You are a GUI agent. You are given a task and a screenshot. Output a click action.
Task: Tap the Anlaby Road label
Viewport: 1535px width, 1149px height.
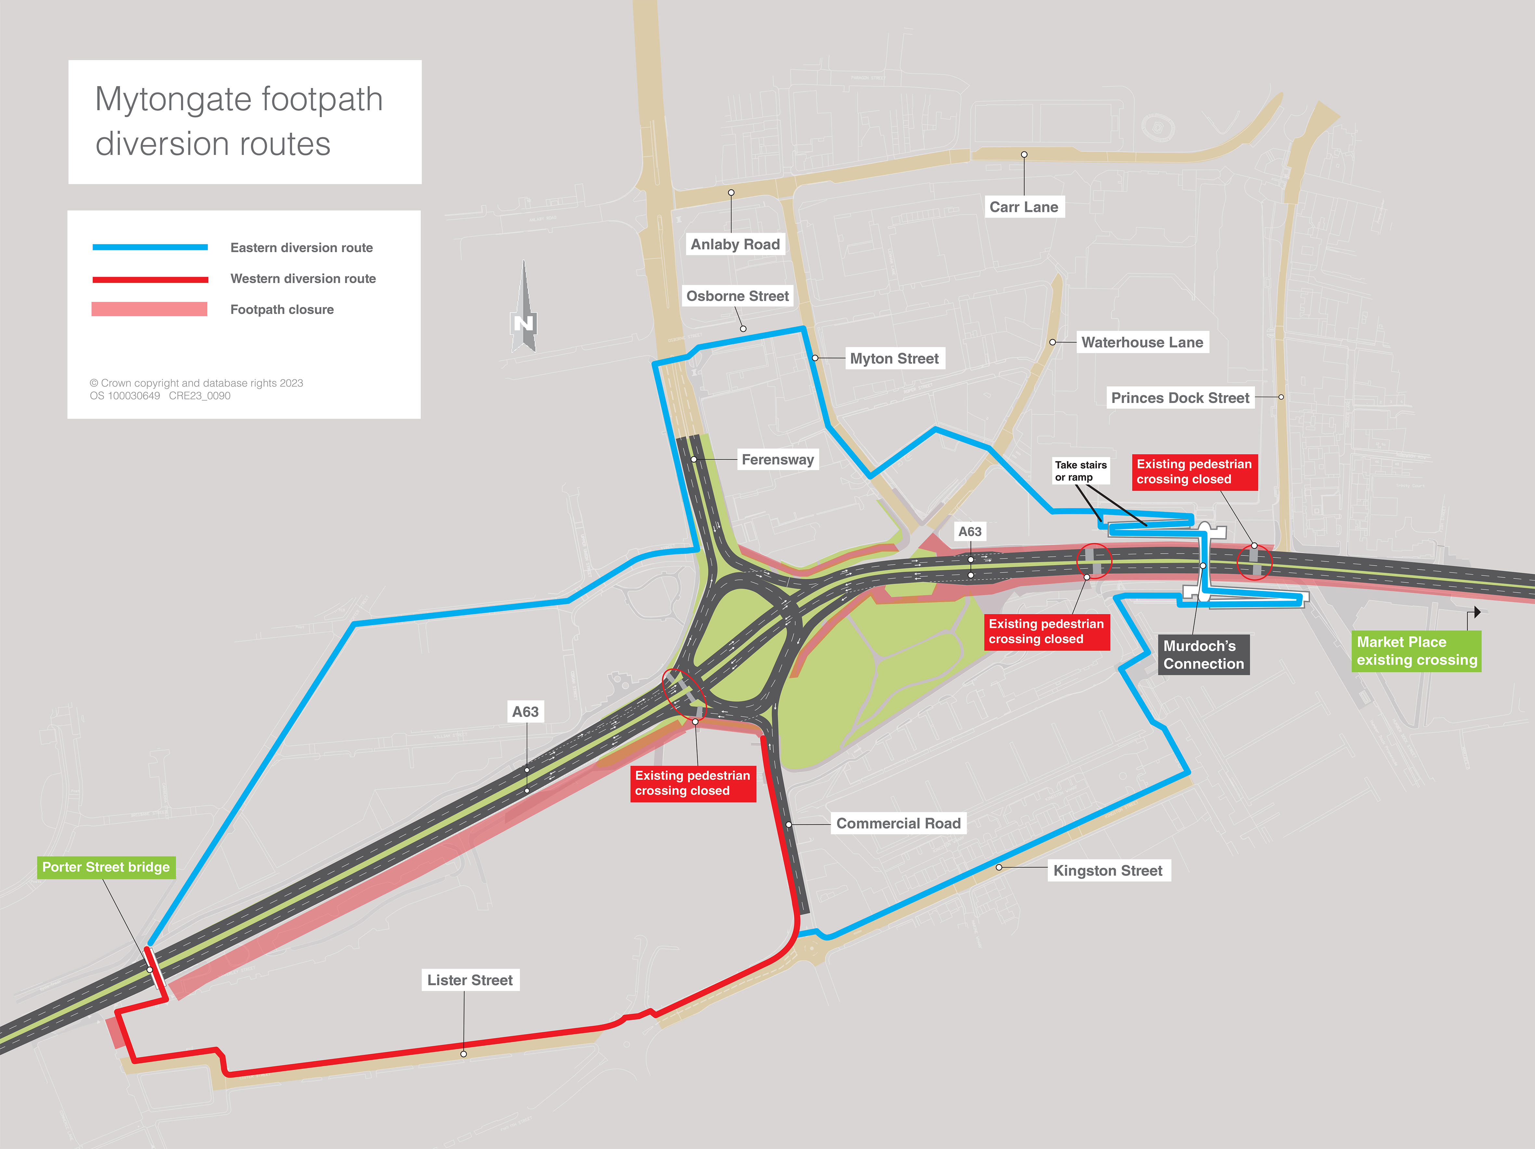pos(735,244)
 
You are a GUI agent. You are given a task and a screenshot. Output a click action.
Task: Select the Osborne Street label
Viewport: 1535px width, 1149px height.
pos(737,296)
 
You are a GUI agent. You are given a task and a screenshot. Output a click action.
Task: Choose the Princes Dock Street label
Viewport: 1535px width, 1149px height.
pos(1180,398)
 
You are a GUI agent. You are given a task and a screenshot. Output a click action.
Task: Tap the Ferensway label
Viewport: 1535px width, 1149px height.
pos(777,460)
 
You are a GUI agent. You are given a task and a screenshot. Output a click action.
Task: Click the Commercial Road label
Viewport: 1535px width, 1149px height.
pos(898,823)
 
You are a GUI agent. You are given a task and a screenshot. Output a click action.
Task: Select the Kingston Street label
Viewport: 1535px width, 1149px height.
pos(1107,870)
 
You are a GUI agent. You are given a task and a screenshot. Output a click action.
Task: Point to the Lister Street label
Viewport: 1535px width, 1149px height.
pos(470,980)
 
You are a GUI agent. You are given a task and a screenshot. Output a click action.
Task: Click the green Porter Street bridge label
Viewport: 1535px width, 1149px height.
pos(106,867)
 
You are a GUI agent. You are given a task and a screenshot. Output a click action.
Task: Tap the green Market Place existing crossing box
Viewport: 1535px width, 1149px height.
pos(1416,651)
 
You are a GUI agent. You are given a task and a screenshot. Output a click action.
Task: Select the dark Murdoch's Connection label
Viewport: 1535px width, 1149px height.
pos(1203,655)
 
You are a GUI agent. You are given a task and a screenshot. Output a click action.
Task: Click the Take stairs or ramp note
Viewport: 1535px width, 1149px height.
pos(1080,471)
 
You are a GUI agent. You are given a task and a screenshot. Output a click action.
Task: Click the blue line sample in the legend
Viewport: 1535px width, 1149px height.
pos(150,247)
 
